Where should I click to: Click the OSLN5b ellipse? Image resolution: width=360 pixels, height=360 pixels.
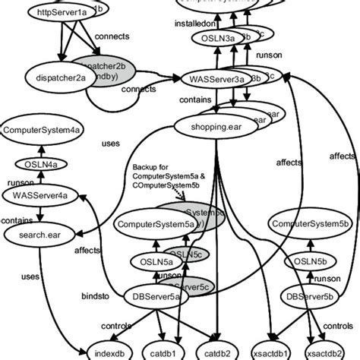[x=306, y=262]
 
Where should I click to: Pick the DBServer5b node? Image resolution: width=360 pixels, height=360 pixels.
[x=308, y=295]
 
